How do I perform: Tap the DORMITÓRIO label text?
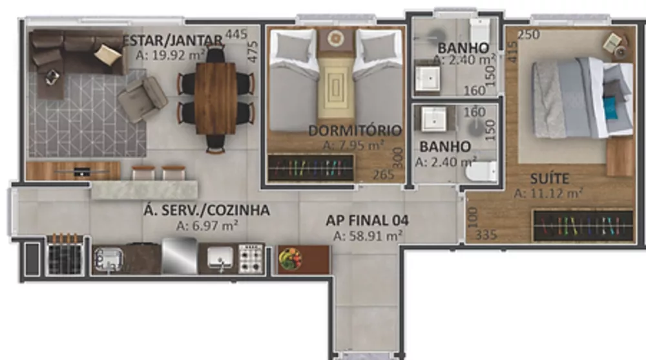click(x=355, y=131)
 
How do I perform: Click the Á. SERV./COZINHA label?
click(x=206, y=211)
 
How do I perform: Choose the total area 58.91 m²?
click(x=368, y=237)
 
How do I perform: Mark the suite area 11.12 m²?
click(x=549, y=193)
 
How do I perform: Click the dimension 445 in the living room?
click(x=236, y=35)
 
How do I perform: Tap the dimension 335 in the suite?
click(x=485, y=235)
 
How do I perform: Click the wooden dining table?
click(x=216, y=98)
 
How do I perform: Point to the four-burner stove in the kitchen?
click(x=251, y=259)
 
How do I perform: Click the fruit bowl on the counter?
click(x=290, y=259)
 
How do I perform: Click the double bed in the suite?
click(x=572, y=97)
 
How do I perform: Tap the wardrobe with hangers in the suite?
click(x=582, y=226)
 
